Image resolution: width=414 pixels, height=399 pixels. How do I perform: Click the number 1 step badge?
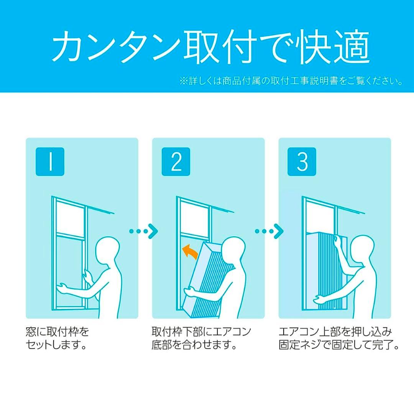[50, 162]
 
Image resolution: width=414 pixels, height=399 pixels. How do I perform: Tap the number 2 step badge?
[176, 162]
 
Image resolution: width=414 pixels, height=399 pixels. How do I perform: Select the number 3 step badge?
[302, 162]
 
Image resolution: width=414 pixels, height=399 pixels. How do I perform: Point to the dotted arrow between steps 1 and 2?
[143, 231]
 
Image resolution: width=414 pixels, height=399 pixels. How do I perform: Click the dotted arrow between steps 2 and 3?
[269, 231]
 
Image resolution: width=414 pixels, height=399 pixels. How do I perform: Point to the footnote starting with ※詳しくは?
[291, 81]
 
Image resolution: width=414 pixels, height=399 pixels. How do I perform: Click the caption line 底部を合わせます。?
[193, 345]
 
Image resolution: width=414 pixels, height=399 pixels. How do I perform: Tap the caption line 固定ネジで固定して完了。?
[339, 345]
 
